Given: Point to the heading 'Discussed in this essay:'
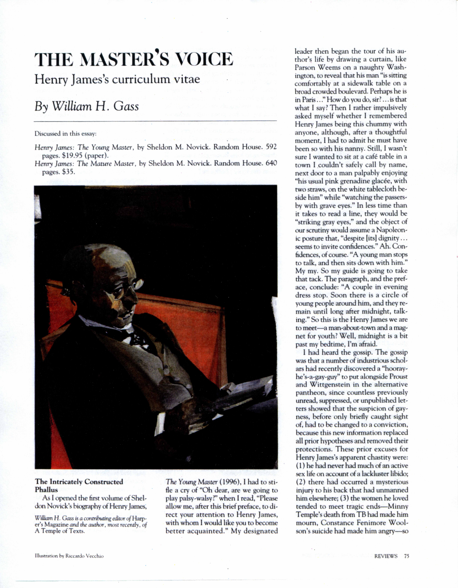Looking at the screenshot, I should pyautogui.click(x=65, y=134).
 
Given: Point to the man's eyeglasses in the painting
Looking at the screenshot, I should pyautogui.click(x=126, y=289).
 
